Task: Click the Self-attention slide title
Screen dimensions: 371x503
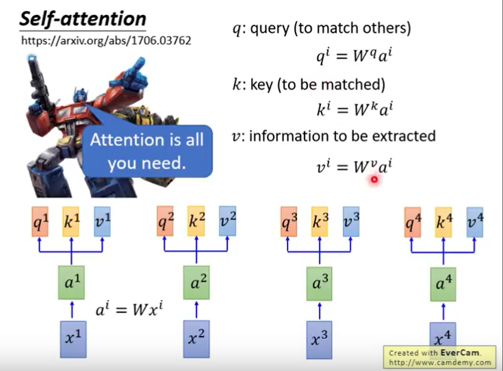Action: (82, 18)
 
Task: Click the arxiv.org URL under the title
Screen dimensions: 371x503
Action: (106, 40)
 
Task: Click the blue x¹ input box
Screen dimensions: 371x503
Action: (70, 339)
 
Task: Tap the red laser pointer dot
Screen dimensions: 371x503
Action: (374, 179)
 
